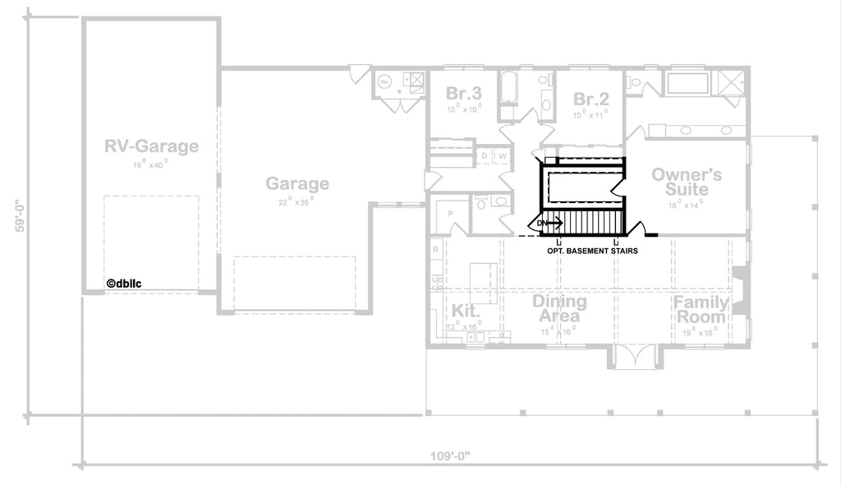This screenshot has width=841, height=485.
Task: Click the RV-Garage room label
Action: point(151,146)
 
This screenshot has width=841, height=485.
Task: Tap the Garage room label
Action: point(297,184)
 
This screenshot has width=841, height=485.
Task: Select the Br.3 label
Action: point(463,93)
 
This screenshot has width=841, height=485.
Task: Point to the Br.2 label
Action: point(591,99)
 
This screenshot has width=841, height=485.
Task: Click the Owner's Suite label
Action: point(687,182)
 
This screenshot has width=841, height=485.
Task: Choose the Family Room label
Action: point(701,310)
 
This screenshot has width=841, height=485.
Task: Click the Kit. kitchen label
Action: point(464,311)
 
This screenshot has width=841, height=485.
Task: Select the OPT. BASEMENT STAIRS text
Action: point(592,250)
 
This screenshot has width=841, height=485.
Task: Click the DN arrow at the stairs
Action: point(549,222)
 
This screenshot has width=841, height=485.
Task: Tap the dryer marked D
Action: point(485,155)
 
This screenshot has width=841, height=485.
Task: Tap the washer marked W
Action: point(500,155)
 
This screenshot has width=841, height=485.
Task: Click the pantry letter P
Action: point(451,213)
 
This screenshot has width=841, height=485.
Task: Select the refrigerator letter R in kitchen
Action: point(435,248)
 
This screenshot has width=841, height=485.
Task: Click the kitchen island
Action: point(484,282)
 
